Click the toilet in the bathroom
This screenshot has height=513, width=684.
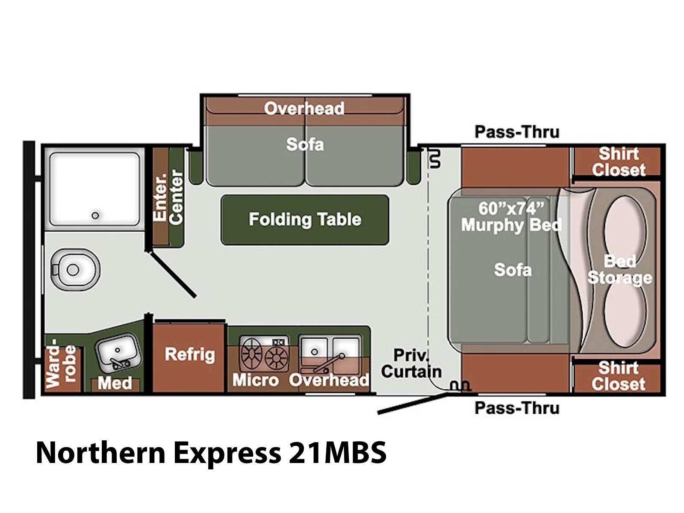tap(75, 269)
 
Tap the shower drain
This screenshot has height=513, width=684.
tap(95, 215)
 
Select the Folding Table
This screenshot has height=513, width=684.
tap(304, 220)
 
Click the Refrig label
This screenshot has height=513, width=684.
tap(189, 354)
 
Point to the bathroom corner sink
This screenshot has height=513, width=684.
tap(118, 353)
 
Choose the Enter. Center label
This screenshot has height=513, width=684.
tap(168, 197)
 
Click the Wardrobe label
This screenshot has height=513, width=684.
tap(60, 366)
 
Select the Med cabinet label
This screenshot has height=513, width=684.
tap(115, 383)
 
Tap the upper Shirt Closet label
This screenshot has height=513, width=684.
tap(618, 162)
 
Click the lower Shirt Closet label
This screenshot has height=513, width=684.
tap(618, 376)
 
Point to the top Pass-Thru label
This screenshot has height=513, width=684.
tap(517, 132)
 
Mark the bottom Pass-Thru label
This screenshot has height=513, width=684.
tap(517, 407)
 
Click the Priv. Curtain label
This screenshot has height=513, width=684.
tap(411, 363)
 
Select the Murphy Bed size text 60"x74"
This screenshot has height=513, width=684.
tap(511, 208)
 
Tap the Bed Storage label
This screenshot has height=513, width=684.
tap(619, 270)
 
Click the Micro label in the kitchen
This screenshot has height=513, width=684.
tap(256, 380)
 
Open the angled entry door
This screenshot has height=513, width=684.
tap(412, 404)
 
